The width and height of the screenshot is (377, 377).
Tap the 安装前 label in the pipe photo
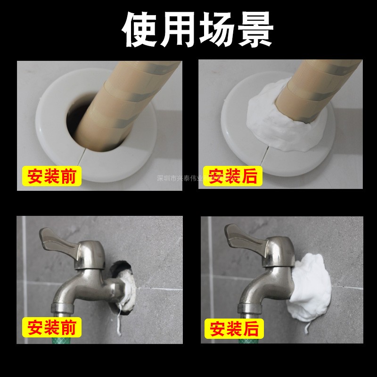(x=52, y=177)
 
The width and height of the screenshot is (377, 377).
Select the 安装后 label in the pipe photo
(x=232, y=177)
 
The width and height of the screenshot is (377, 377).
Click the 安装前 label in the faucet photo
(x=52, y=326)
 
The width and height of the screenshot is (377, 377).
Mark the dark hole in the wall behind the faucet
(x=122, y=269)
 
